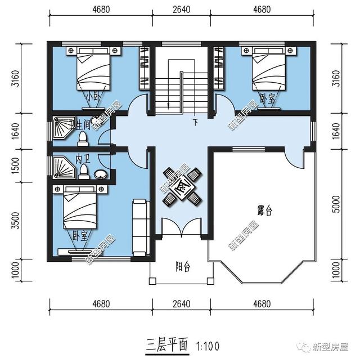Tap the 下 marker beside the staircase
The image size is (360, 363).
196,122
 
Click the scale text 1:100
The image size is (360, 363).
208,344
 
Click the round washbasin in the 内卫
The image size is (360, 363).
100,174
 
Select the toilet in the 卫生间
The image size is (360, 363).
83,137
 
